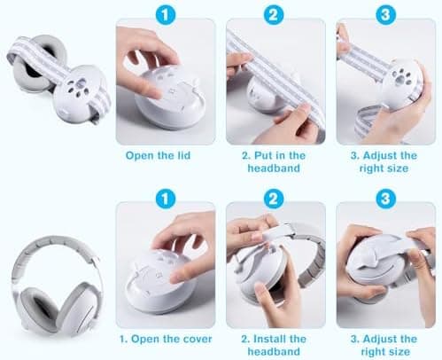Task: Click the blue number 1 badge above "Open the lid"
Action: (166, 15)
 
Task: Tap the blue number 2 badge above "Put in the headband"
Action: (274, 15)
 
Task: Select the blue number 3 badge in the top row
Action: (385, 15)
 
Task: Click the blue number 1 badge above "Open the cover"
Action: (166, 199)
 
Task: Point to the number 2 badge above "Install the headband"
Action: (274, 199)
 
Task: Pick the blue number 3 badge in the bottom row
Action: (385, 199)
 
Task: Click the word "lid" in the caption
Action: (183, 155)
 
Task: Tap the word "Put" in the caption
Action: (263, 155)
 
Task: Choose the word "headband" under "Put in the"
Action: (274, 168)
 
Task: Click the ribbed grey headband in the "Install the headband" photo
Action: (314, 266)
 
